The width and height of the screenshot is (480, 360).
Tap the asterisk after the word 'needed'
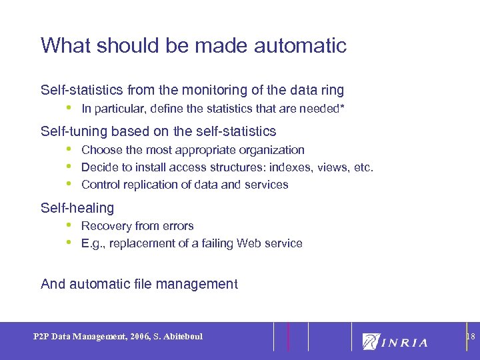tap(343, 107)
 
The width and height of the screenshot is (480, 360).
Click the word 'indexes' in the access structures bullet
tap(279, 167)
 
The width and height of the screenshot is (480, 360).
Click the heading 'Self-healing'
tap(77, 208)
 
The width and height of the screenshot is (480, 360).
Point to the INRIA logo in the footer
tap(395, 341)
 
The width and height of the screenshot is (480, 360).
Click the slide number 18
tap(470, 337)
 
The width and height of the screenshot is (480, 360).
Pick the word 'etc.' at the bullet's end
tap(363, 167)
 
